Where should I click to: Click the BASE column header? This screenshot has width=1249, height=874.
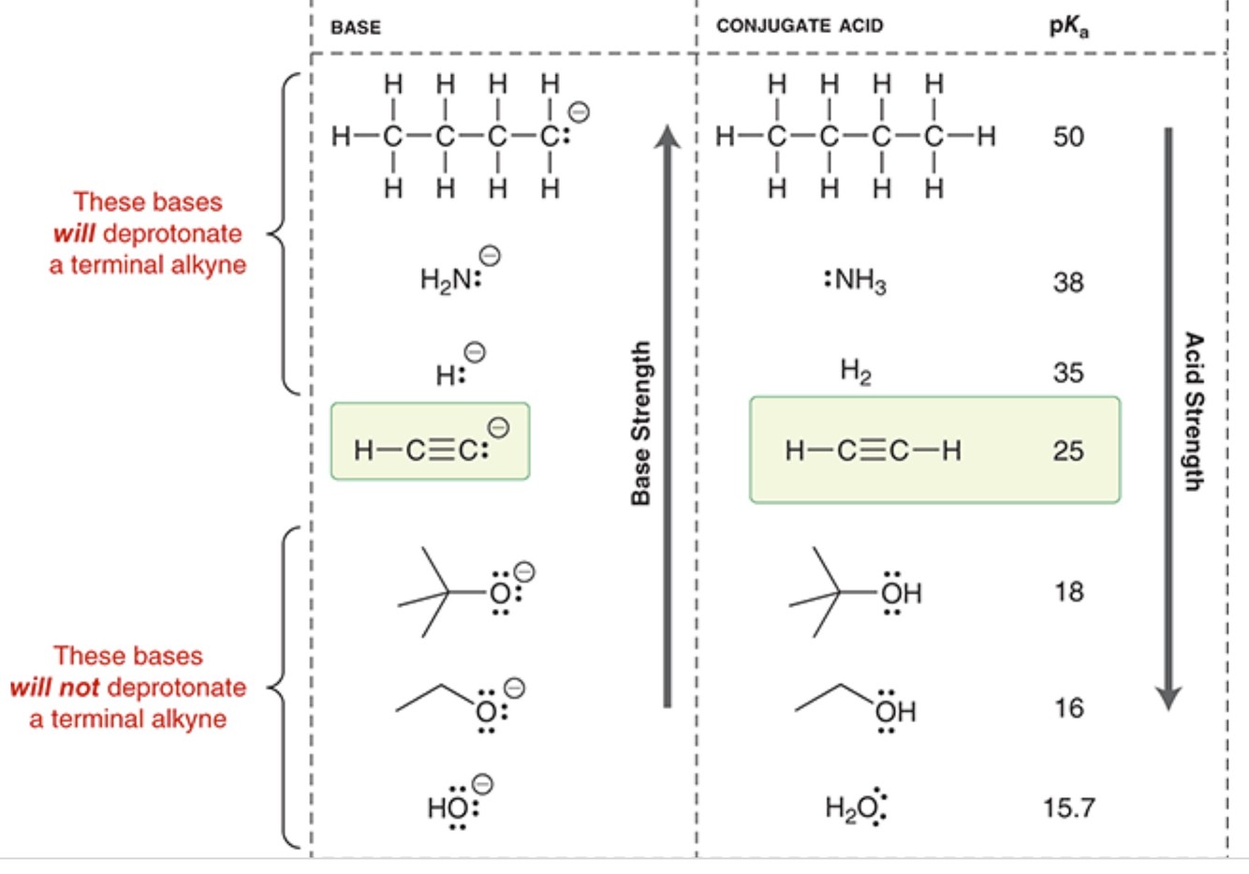click(356, 27)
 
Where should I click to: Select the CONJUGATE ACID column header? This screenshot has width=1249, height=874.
click(800, 26)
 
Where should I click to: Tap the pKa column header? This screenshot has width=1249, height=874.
click(1068, 26)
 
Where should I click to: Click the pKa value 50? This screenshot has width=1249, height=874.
click(1068, 137)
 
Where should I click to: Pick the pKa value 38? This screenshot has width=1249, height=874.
click(1068, 281)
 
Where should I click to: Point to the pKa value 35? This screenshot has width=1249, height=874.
click(1068, 373)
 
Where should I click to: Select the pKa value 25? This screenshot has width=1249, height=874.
click(1068, 451)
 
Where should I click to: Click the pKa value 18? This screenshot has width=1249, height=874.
click(1068, 591)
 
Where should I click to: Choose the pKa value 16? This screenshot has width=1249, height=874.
click(1068, 707)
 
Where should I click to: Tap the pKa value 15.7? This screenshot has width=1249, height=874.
click(1068, 807)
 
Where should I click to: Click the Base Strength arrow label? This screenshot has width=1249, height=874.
click(641, 422)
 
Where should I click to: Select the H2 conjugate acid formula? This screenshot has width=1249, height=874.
click(856, 373)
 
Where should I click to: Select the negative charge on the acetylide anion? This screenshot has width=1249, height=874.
click(499, 428)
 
